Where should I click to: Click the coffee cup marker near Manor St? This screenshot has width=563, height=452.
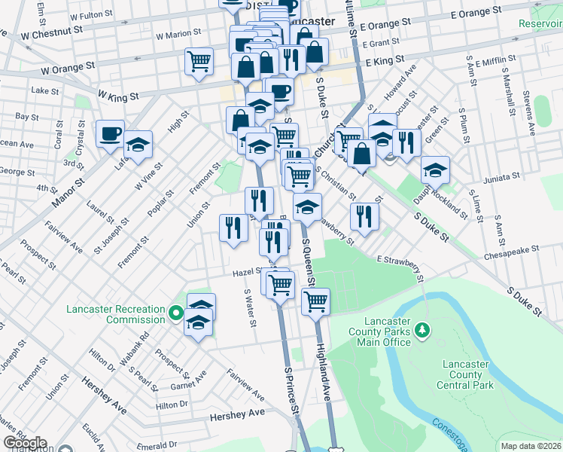110,133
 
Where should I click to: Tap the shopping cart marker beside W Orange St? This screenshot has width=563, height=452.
199,60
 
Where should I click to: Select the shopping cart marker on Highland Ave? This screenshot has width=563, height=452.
315,301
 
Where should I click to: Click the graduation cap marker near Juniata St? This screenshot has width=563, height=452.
435,169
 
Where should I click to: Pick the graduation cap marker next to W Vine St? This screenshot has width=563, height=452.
138,144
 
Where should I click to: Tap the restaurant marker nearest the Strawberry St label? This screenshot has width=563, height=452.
364,216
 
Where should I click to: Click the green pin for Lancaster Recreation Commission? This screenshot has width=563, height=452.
176,312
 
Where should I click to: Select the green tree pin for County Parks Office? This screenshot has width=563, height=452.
422,329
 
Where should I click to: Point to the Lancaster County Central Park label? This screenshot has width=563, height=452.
466,374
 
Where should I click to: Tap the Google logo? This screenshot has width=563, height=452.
26,443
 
